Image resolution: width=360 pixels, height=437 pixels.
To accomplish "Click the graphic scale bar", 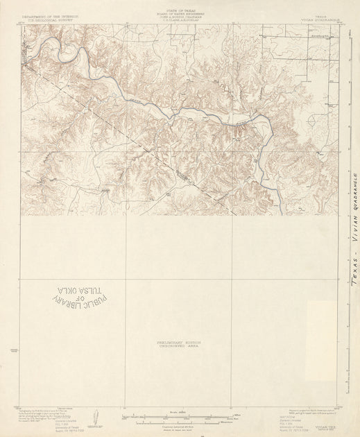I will click(178, 416).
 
